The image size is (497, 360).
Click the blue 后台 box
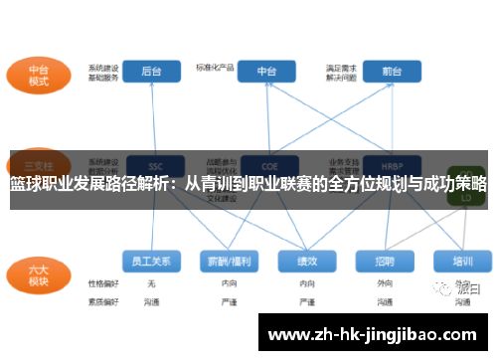point(151,72)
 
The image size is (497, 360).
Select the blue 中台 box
point(267,72)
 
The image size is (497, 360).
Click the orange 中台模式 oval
point(38,77)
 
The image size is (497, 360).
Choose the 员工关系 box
point(151,262)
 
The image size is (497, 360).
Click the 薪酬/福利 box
point(230,262)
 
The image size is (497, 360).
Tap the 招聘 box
point(385,262)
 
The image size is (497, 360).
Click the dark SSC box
point(154,165)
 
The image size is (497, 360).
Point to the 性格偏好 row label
point(102,283)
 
